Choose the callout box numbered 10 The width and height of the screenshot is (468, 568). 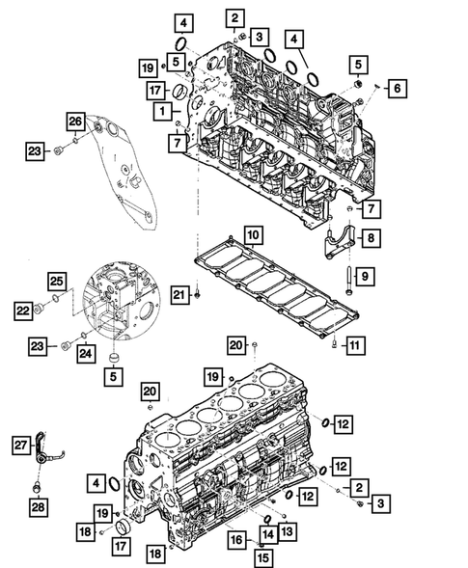251,233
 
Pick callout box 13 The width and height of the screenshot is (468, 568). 289,530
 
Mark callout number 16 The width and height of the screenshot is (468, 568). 234,542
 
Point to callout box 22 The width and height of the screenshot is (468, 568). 22,310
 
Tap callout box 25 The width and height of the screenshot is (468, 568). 57,281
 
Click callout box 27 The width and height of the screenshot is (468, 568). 20,444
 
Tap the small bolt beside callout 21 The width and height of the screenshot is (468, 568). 197,293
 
